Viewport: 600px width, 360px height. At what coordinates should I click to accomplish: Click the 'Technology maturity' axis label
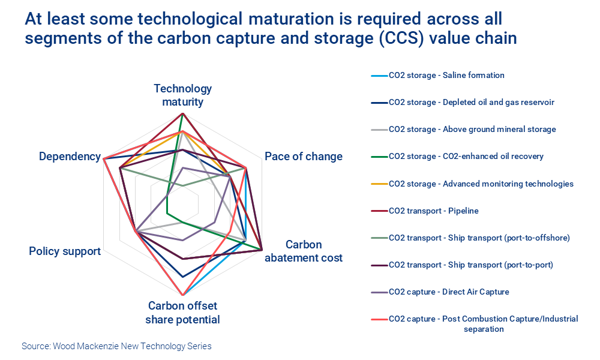click(182, 95)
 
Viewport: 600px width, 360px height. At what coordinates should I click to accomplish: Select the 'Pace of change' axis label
click(303, 157)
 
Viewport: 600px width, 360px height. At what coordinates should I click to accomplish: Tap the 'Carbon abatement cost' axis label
click(304, 251)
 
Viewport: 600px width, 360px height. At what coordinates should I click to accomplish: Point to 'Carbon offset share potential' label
click(182, 313)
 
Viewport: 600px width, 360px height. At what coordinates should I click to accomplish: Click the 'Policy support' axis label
click(65, 251)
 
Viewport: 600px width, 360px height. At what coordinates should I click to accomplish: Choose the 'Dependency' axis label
click(70, 157)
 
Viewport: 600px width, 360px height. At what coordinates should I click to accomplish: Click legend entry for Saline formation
click(446, 76)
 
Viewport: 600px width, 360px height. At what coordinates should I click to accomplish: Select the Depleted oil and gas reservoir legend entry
click(471, 103)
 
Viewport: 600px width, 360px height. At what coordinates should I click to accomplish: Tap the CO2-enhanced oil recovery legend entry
click(466, 157)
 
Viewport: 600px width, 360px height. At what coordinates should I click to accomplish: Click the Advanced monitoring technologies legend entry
click(481, 184)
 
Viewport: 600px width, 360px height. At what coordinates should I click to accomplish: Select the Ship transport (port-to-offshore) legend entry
click(479, 238)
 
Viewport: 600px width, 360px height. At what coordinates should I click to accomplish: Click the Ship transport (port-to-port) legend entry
click(470, 265)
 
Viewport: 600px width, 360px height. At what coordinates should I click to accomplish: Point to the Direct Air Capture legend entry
click(449, 292)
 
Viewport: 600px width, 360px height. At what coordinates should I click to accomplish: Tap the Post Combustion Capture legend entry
click(483, 323)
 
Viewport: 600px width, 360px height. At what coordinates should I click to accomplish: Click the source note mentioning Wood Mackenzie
click(116, 346)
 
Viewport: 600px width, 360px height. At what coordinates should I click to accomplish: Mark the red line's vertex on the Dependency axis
click(104, 159)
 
